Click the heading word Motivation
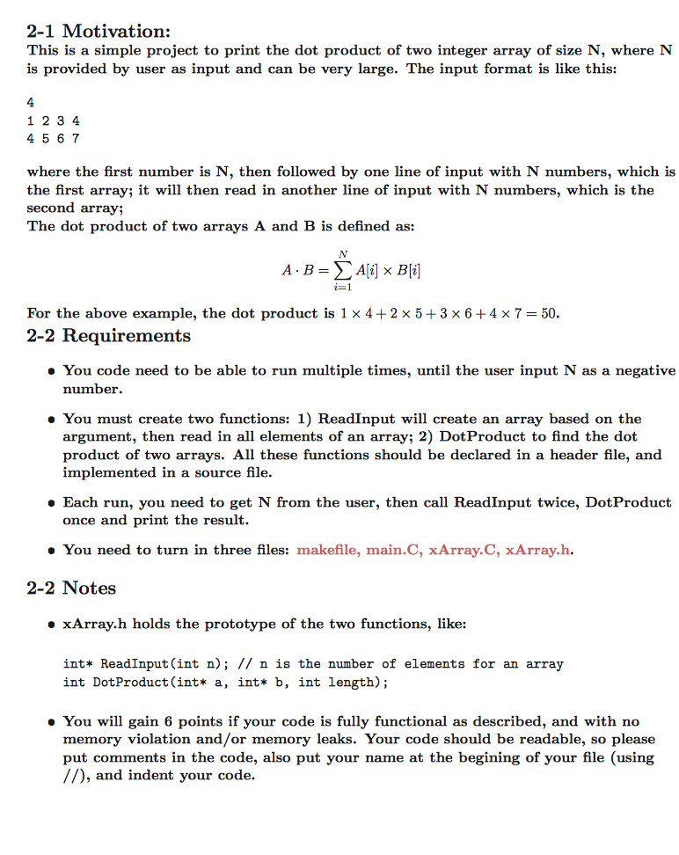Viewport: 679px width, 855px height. [x=117, y=31]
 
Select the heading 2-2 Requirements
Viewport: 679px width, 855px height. [x=108, y=336]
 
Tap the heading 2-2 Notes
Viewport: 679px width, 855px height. [x=71, y=588]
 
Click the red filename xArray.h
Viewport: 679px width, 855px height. [x=539, y=550]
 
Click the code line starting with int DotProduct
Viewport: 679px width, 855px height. [x=225, y=682]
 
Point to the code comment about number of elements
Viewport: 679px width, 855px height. [x=413, y=664]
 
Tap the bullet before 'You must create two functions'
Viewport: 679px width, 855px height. [x=51, y=420]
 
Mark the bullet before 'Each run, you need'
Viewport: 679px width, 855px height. [x=51, y=503]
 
